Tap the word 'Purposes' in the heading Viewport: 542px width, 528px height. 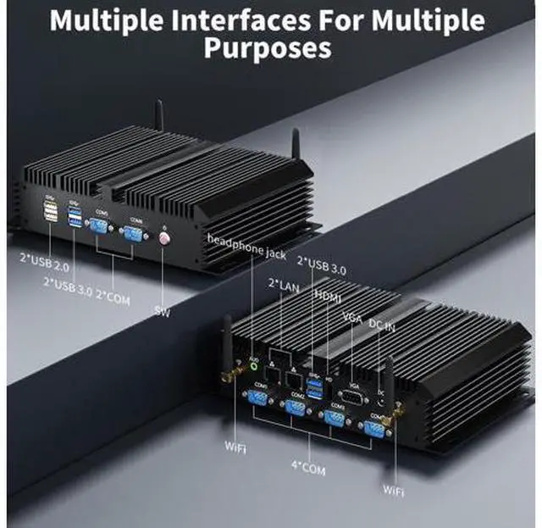(271, 49)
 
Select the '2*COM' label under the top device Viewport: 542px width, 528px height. (113, 296)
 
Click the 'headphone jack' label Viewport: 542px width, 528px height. (246, 247)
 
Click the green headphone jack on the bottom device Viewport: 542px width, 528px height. (252, 368)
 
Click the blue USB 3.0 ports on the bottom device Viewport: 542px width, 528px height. (316, 388)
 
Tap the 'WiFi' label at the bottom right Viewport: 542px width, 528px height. (393, 489)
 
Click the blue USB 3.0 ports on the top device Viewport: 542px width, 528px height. (74, 218)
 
